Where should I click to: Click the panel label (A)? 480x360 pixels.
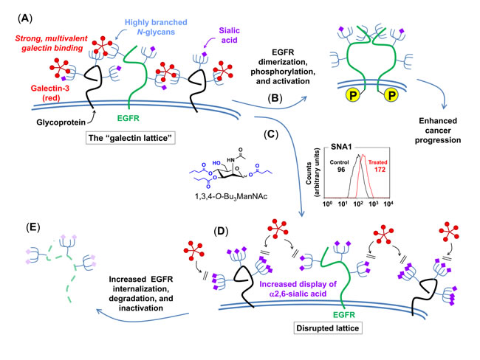[25, 18]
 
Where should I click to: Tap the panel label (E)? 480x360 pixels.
[33, 227]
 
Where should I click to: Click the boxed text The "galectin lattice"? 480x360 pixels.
[131, 138]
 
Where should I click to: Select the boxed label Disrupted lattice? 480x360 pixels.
[328, 328]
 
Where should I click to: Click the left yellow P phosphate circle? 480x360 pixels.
[353, 95]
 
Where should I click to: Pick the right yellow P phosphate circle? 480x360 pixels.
[391, 95]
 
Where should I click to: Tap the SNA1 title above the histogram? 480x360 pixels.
[341, 147]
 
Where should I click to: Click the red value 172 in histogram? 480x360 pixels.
[380, 170]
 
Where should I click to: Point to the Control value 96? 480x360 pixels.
[340, 170]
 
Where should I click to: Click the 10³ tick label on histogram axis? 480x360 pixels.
[373, 204]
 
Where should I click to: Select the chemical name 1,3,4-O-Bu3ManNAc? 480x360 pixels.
[231, 197]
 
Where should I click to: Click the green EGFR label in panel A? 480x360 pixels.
[128, 118]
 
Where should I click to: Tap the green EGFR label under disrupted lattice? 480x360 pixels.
[344, 315]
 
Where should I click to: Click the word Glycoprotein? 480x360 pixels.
[61, 122]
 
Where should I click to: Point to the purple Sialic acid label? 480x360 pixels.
[229, 35]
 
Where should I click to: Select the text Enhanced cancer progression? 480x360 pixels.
[438, 131]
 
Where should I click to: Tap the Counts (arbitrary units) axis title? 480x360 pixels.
[312, 173]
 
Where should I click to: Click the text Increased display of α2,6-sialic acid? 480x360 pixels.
[298, 289]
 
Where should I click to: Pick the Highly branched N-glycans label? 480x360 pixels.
[156, 27]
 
